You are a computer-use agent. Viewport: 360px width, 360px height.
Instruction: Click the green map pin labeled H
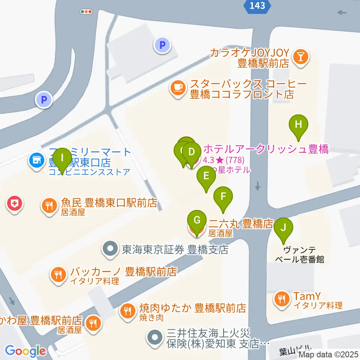(298, 125)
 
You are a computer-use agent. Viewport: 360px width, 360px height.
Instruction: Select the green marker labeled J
(283, 228)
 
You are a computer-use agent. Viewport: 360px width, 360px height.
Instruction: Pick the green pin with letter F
(223, 196)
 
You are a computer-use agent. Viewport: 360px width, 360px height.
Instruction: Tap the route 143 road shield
(256, 5)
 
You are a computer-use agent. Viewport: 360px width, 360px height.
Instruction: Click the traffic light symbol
(86, 12)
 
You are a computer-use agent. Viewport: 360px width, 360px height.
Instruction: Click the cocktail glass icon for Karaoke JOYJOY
(301, 57)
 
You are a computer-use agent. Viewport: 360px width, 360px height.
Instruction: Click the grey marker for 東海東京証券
(110, 249)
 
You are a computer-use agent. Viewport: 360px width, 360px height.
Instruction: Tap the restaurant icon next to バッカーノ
(58, 275)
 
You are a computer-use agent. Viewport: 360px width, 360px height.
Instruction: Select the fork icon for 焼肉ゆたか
(128, 311)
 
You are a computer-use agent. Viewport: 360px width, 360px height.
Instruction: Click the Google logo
(25, 351)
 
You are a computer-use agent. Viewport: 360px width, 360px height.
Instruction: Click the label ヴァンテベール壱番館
(304, 254)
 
